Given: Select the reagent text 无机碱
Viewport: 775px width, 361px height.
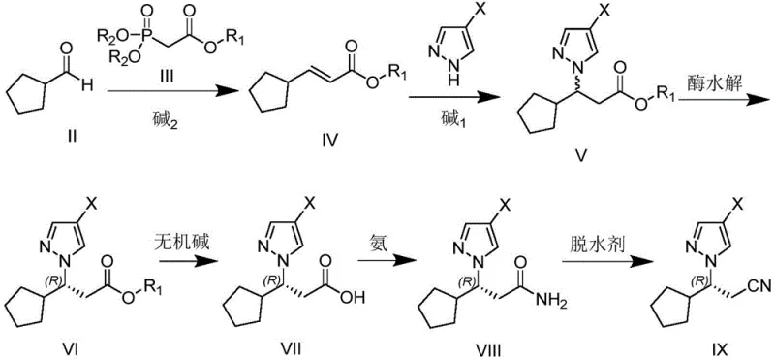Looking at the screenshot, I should (180, 239).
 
